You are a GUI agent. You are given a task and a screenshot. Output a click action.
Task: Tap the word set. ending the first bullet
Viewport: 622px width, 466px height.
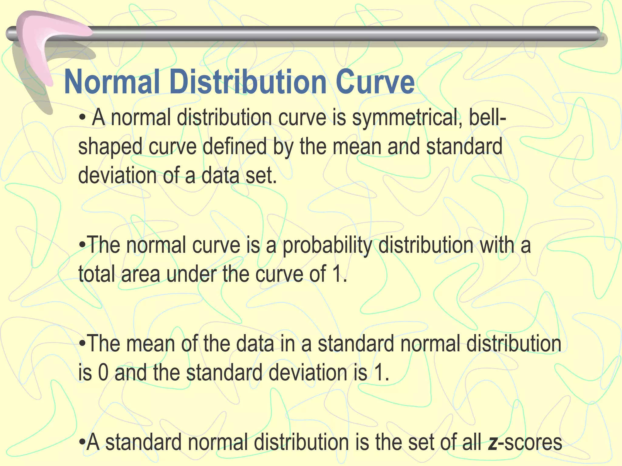(x=261, y=176)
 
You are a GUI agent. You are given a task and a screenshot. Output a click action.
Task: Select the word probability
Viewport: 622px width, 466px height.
(x=327, y=245)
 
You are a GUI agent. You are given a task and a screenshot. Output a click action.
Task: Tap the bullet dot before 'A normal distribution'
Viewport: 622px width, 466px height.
(x=82, y=118)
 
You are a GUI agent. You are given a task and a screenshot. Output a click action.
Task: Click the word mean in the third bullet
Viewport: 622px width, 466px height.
(x=150, y=344)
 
